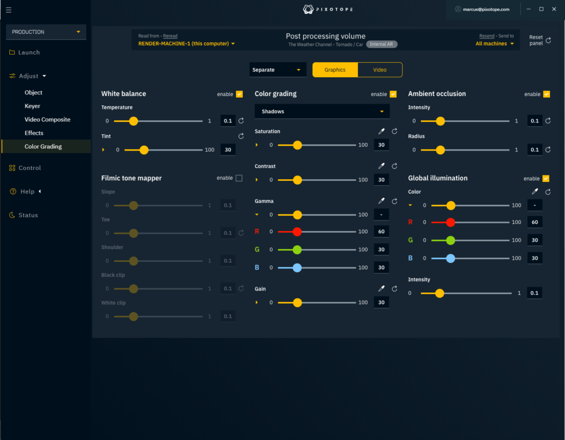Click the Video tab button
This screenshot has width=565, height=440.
380,70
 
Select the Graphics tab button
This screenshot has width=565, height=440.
335,70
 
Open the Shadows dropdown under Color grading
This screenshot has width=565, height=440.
322,111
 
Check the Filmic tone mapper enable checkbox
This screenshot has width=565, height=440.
239,178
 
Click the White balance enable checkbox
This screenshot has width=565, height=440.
239,94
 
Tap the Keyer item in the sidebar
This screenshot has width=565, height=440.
33,106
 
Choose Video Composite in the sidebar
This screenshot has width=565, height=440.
47,120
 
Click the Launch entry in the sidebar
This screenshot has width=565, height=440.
29,52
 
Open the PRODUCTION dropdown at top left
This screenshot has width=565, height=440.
46,32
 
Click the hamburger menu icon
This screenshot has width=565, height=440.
8,9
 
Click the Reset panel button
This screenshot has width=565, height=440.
540,40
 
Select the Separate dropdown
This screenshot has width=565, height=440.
278,70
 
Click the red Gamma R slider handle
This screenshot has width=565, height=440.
297,232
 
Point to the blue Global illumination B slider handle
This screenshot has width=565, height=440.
450,258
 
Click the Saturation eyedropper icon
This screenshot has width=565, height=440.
381,132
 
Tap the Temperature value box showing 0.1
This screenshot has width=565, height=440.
227,121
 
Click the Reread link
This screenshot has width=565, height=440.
170,36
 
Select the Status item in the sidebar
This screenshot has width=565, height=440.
28,215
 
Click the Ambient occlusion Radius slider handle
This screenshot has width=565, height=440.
440,149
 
